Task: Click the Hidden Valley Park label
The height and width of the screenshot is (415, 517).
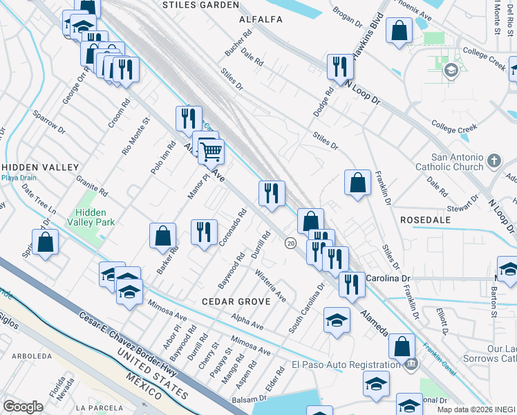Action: tap(95, 217)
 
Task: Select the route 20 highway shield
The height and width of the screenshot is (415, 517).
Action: tap(291, 243)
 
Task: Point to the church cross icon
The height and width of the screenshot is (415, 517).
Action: tap(493, 162)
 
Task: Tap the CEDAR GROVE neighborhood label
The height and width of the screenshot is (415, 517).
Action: tap(230, 302)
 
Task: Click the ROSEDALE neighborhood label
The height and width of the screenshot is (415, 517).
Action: tap(425, 219)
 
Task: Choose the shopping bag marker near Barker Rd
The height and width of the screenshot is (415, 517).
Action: tap(162, 235)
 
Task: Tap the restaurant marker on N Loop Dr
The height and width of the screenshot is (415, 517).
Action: tap(339, 66)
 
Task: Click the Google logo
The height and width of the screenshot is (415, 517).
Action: tap(23, 407)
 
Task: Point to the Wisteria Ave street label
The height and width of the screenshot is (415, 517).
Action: tap(271, 286)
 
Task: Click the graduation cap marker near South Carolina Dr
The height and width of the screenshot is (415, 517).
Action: tap(337, 320)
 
